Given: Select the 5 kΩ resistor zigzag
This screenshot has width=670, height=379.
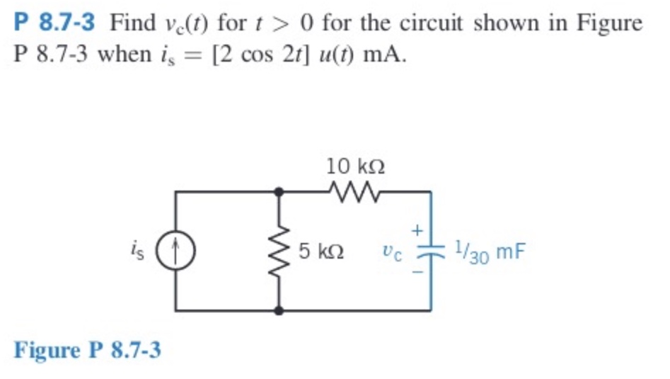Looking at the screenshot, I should point(280,251).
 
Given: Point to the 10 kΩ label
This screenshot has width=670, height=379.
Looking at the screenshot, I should point(356,166).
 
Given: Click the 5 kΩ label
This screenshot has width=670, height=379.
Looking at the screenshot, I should point(321,251).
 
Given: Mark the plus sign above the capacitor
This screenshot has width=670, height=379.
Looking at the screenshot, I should point(417,230).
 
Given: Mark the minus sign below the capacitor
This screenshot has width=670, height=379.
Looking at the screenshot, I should point(417,271).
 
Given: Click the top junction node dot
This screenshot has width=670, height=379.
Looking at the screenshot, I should point(280,191).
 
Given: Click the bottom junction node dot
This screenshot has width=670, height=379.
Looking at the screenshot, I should point(280,310).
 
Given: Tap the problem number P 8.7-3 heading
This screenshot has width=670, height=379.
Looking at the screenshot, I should point(54,23).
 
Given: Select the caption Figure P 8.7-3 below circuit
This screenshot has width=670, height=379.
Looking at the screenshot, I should point(87,349).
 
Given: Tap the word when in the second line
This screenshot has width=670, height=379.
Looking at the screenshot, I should point(121,55).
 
